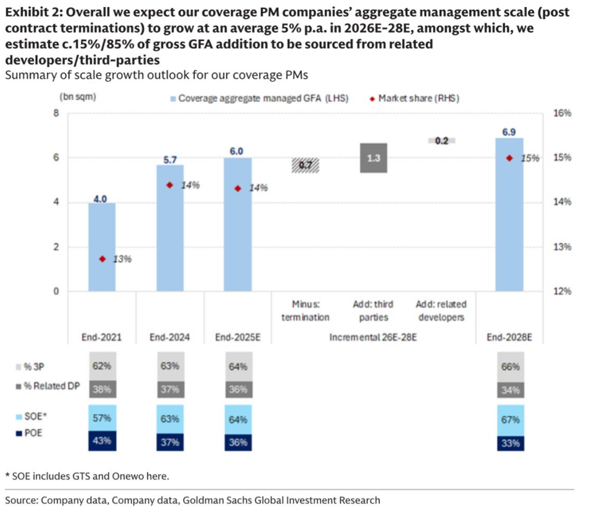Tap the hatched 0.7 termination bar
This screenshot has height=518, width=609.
305,165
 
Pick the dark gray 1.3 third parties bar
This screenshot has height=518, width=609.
373,158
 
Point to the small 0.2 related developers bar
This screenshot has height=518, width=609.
442,141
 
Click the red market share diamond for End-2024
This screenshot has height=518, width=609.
170,185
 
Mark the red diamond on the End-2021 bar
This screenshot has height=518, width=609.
103,259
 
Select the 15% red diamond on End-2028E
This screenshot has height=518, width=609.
509,158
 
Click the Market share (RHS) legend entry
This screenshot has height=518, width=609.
414,99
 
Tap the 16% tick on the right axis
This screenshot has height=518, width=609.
562,113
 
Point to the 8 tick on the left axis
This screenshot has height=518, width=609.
56,113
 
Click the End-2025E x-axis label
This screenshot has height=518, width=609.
238,337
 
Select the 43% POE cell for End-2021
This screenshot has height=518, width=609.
102,441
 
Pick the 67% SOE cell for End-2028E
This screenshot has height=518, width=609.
511,419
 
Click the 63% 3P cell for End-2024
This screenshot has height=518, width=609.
170,366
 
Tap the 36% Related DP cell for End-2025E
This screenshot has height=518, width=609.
238,389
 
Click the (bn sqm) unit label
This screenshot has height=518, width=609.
78,97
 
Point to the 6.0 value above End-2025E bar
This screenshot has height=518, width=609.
236,151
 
